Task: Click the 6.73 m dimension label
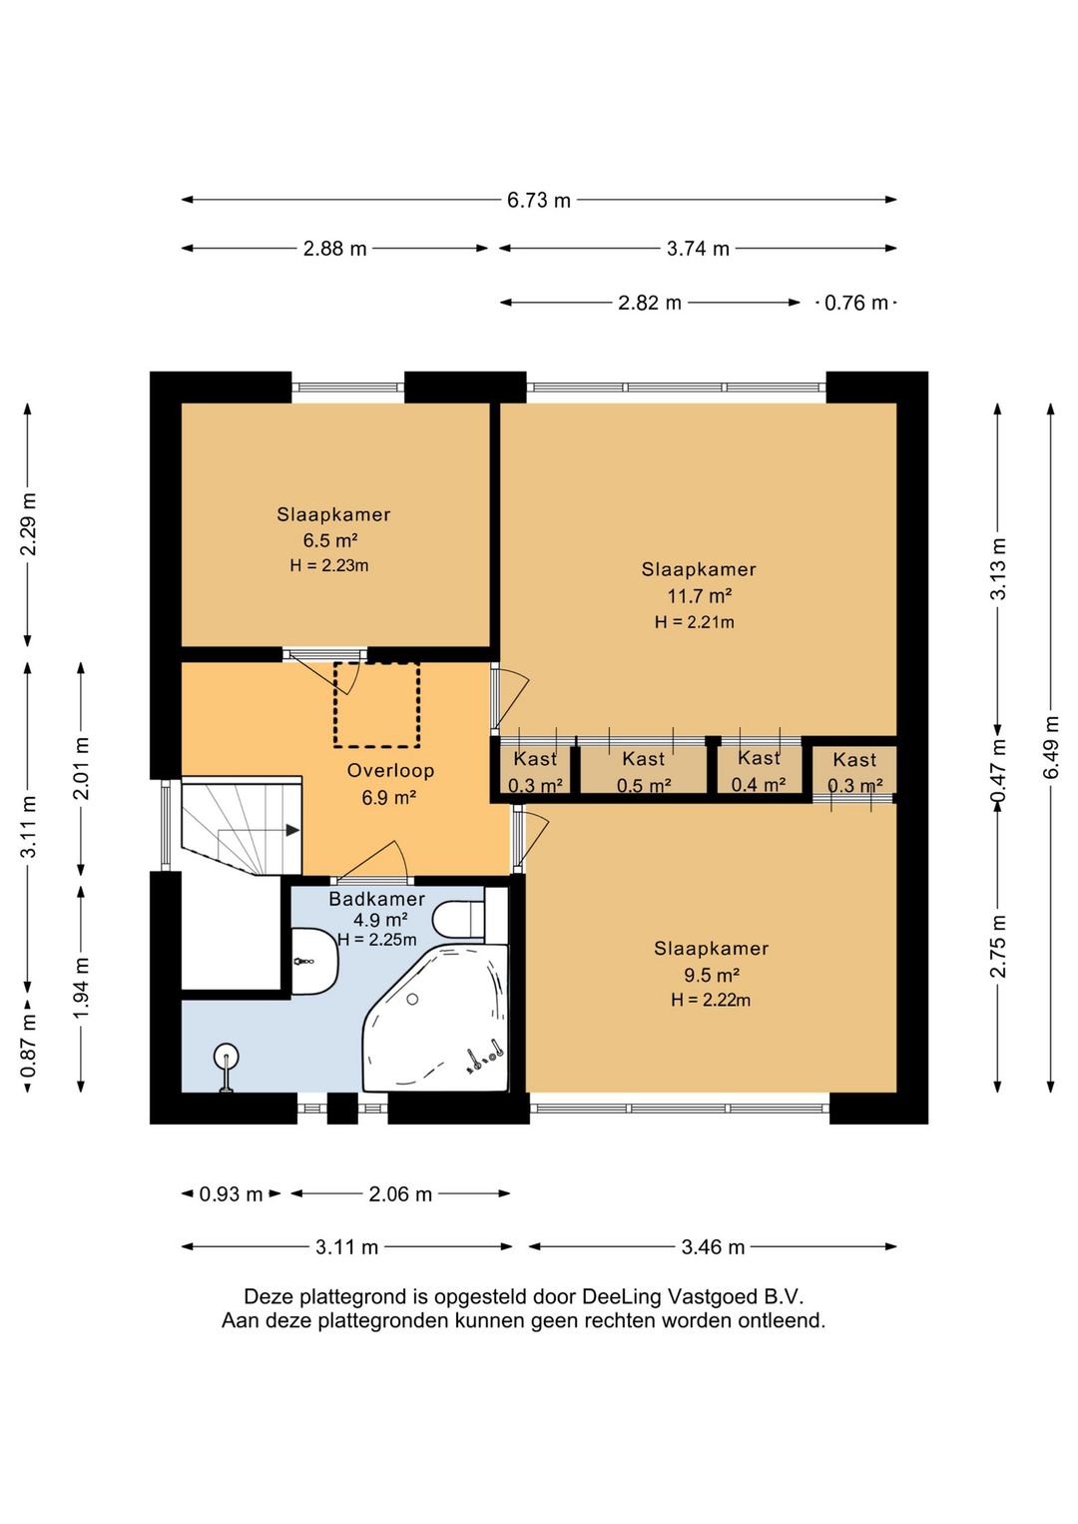tap(539, 201)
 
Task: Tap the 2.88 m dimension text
tap(334, 249)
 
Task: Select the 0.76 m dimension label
tap(856, 303)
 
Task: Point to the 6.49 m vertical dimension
tap(1052, 747)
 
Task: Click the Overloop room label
tap(390, 770)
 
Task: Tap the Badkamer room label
tap(376, 899)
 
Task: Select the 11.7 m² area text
tap(699, 596)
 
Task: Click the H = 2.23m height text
tap(329, 565)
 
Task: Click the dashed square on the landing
tap(376, 705)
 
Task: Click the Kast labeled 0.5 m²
tap(644, 772)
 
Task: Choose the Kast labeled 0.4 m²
tap(759, 771)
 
